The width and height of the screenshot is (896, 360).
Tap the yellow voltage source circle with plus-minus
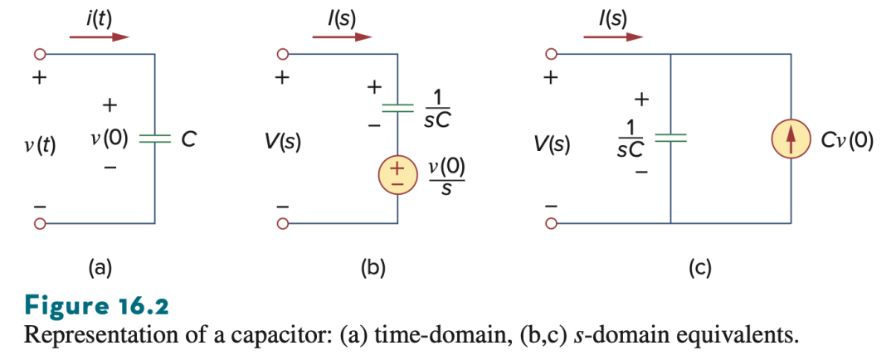click(x=397, y=175)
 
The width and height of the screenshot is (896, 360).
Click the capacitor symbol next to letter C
click(x=155, y=139)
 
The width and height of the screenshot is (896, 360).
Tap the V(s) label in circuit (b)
click(x=282, y=142)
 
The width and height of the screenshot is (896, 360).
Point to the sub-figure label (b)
click(x=373, y=267)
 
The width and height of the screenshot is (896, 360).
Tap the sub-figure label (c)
click(x=699, y=267)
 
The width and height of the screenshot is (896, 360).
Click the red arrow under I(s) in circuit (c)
click(x=613, y=37)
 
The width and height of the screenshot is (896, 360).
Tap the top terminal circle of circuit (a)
click(x=40, y=55)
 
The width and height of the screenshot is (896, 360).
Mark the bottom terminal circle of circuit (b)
click(x=282, y=223)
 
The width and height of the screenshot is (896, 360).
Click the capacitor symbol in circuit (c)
click(x=670, y=138)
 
